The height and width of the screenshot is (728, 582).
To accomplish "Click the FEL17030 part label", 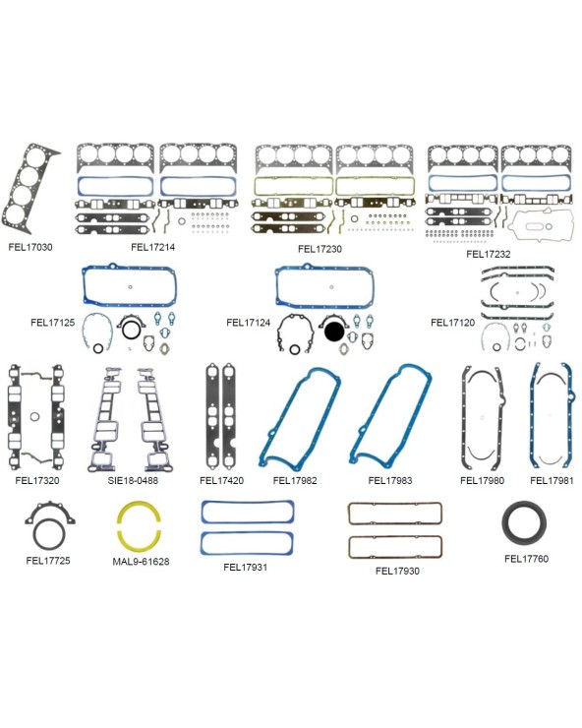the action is [x=30, y=247].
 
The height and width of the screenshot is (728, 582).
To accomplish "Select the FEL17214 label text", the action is [x=152, y=247].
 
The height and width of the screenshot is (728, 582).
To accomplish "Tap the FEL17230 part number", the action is [x=320, y=249].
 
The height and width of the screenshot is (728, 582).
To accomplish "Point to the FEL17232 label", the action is [x=489, y=254].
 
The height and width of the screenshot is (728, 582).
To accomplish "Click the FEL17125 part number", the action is [x=52, y=323].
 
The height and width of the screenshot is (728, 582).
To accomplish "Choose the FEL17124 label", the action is [x=249, y=323].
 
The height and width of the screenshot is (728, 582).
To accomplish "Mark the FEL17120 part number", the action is [x=452, y=323].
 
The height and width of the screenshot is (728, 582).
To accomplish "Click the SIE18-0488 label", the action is [x=133, y=480].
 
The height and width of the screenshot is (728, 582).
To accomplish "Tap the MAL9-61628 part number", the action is [x=141, y=562].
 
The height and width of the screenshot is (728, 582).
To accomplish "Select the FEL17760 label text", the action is [x=526, y=559].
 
